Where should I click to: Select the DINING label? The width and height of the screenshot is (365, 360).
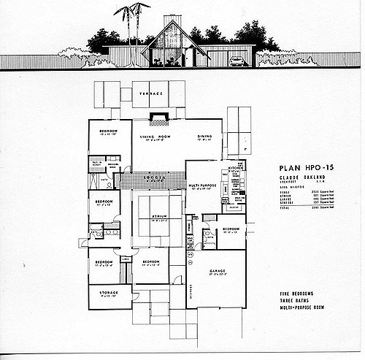pos(204,136)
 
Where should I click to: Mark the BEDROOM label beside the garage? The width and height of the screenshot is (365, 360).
pos(229,229)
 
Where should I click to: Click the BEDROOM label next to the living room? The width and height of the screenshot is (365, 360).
pos(103,131)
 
